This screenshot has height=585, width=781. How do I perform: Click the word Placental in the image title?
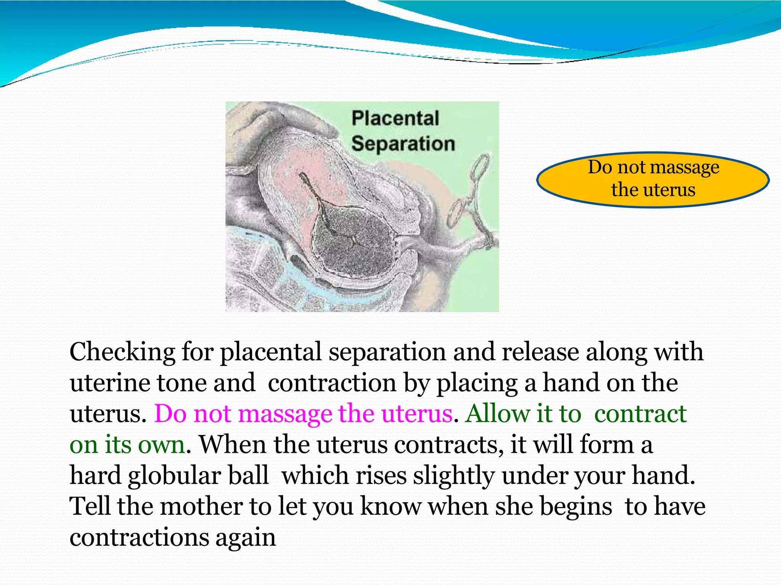395,118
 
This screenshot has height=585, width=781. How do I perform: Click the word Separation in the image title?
403,144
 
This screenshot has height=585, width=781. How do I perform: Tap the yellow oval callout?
653,180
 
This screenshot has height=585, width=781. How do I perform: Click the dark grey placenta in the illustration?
353,240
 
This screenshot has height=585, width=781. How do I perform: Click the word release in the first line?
540,352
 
